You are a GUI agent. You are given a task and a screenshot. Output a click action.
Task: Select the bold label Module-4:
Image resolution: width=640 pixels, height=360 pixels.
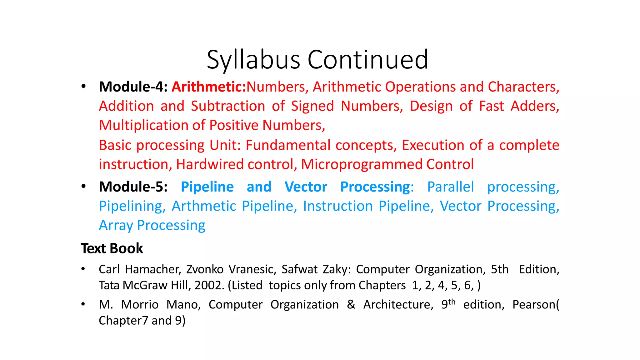point(133,87)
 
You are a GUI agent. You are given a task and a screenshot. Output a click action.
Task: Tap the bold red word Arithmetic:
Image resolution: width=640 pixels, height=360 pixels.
point(209,87)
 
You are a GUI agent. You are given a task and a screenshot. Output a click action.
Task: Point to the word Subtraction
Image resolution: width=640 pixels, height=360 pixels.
point(228,106)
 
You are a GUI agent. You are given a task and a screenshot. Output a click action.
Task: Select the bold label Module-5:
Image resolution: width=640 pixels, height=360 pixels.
point(133,187)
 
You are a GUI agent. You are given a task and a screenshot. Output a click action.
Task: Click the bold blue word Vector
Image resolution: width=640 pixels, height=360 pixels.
point(306,187)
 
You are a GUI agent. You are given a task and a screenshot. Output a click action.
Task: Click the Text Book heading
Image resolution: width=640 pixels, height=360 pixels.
point(112,248)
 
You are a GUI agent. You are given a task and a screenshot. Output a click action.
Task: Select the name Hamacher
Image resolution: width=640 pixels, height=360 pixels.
point(152,269)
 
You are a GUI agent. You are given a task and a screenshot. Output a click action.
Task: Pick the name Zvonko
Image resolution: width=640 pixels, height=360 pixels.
point(205,269)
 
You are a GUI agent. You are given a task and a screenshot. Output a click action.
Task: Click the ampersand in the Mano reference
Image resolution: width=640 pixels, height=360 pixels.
point(351,304)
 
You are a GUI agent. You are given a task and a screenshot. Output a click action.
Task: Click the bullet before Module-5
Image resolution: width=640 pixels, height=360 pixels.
point(83,187)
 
